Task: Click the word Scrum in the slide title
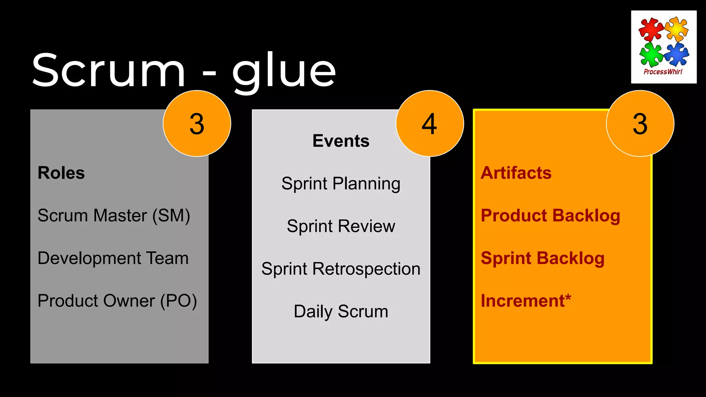point(109,71)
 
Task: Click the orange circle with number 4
point(430,123)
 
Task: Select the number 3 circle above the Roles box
point(197,123)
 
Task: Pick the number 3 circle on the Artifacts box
point(640,123)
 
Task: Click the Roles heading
point(61,173)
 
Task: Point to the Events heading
point(341,141)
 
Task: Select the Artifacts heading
point(516,173)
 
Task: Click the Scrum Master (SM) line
point(114,216)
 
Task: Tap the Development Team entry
point(113,258)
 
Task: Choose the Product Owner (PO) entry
point(117,301)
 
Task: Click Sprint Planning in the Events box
point(341,184)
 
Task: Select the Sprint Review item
point(341,226)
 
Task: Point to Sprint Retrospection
point(341,269)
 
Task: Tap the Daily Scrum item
point(341,312)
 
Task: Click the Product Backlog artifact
point(550,216)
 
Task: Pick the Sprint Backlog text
point(543,258)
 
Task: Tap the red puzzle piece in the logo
point(650,29)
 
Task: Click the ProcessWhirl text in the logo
point(663,72)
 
